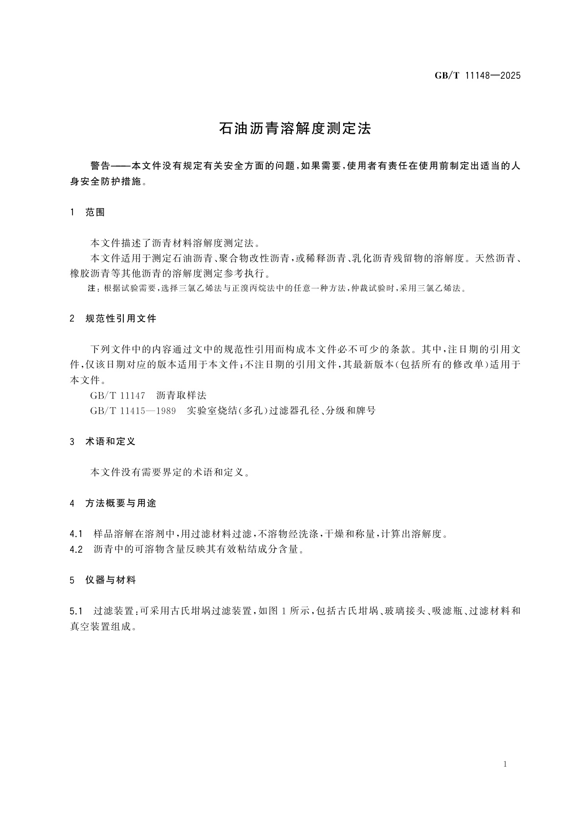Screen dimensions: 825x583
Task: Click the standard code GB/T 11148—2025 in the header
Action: [477, 76]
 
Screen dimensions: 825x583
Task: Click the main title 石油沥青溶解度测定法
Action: [295, 129]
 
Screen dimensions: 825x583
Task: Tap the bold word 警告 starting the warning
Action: [101, 166]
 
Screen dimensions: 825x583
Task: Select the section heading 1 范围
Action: [88, 212]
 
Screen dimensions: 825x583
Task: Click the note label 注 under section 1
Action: [92, 288]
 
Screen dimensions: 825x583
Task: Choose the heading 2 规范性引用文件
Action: [113, 319]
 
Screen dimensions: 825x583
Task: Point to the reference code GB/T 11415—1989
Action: [133, 411]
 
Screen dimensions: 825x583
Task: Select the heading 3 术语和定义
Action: [103, 442]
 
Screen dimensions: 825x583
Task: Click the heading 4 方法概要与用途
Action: [113, 503]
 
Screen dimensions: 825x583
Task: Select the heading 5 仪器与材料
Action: [103, 580]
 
